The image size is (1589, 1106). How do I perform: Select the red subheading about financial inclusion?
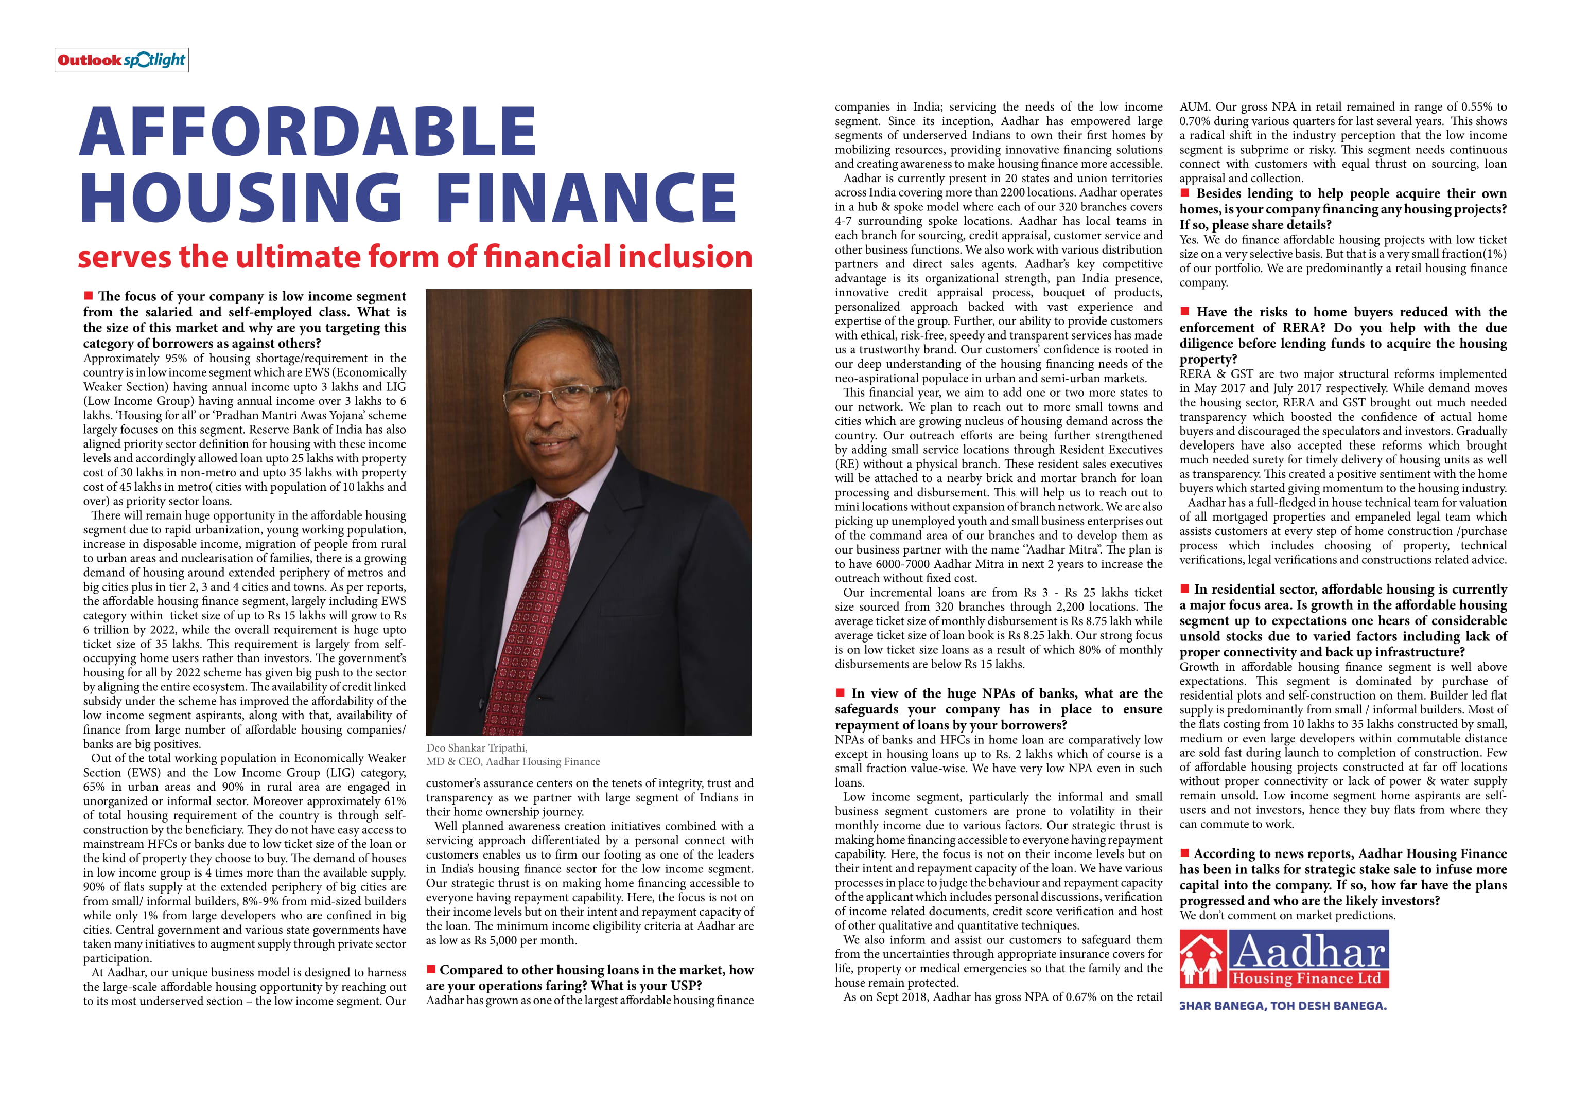(x=414, y=257)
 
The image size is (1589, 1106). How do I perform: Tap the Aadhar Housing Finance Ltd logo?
(x=1284, y=959)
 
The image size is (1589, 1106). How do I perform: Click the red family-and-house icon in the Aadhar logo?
(x=1203, y=959)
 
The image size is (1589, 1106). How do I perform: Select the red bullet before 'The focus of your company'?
(x=88, y=296)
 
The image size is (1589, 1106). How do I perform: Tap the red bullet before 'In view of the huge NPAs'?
(x=840, y=692)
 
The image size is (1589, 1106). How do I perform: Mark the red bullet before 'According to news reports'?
(x=1185, y=853)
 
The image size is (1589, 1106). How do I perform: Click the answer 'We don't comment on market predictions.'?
(x=1287, y=915)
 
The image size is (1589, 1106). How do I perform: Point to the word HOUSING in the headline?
(x=241, y=198)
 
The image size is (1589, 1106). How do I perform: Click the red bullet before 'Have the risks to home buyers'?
(x=1185, y=311)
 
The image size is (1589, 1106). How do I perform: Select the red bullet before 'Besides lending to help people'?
(x=1185, y=193)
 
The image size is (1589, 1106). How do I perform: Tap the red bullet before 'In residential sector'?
(x=1185, y=588)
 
